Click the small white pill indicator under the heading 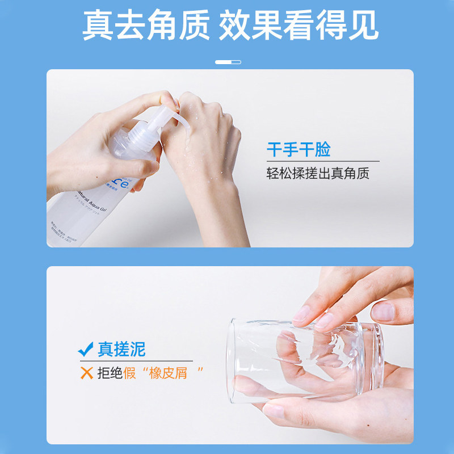(x=228, y=62)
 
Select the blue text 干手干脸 (x=299, y=150)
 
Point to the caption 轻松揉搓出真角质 (x=318, y=173)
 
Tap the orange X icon (x=86, y=373)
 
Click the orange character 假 (x=130, y=373)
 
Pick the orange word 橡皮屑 (x=168, y=373)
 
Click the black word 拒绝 (x=111, y=373)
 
